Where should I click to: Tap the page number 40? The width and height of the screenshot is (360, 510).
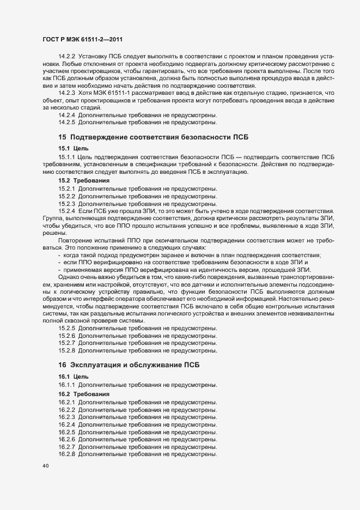click(45, 466)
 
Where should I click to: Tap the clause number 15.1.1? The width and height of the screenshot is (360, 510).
click(66, 157)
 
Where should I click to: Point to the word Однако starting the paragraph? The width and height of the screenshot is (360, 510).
click(69, 276)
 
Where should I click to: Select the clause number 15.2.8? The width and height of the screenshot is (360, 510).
click(66, 350)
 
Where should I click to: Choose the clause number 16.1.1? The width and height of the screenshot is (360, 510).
click(66, 385)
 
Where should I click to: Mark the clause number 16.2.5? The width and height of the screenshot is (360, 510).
click(66, 432)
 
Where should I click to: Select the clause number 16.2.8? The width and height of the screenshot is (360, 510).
click(66, 454)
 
